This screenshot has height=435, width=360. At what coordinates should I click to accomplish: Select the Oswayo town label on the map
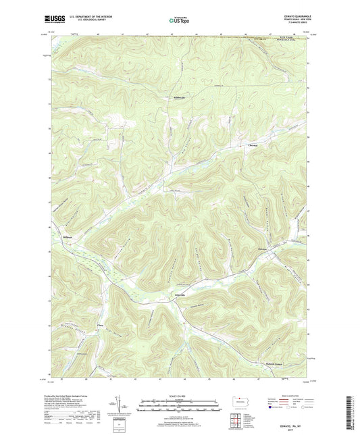[x=263, y=249]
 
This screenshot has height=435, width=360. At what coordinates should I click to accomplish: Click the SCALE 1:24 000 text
[x=180, y=396]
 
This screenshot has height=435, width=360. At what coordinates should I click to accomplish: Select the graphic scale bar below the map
[x=180, y=407]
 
